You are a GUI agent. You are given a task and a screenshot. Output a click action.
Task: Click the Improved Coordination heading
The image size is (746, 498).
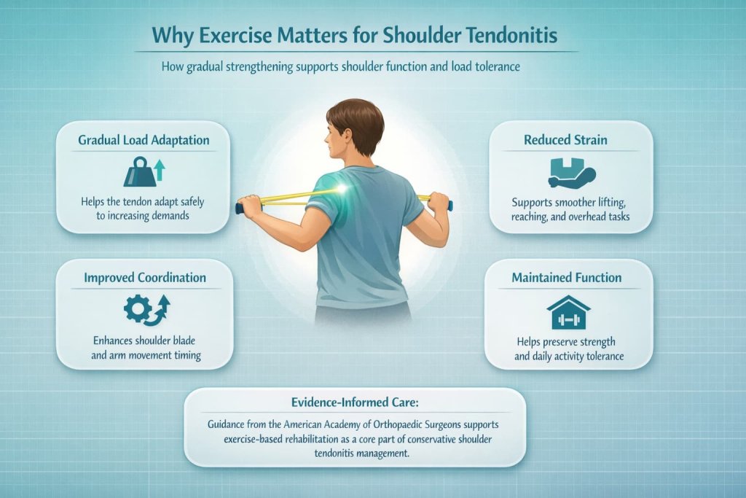coord(144,278)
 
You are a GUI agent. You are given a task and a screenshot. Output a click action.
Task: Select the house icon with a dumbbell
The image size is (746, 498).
coord(568,312)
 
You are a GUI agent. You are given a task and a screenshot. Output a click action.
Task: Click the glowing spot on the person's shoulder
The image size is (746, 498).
coord(339,190)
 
